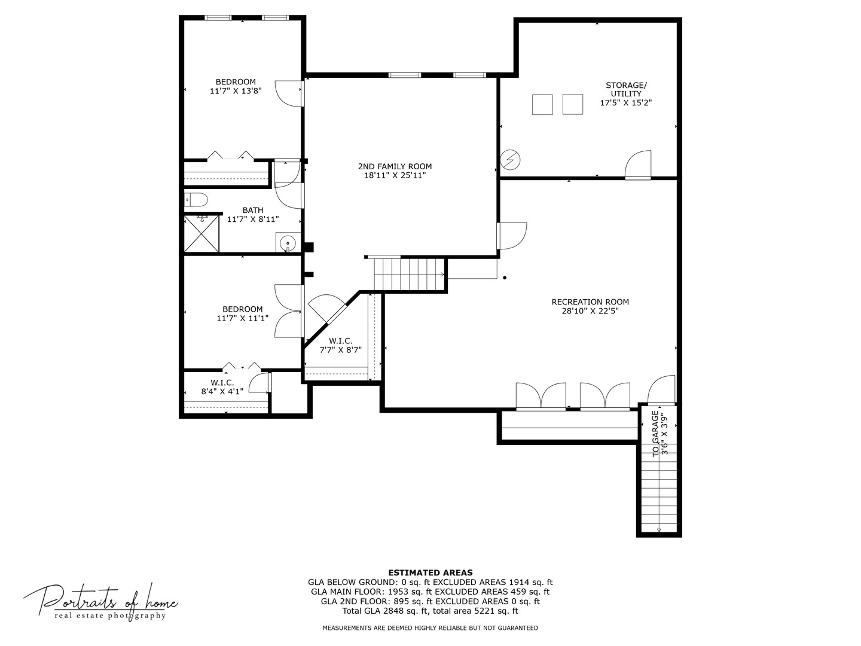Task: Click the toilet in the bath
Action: click(196, 199)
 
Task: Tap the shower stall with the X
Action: click(201, 234)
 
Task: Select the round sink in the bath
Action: click(288, 242)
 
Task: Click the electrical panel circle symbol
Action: click(511, 160)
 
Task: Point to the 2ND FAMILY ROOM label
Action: click(395, 166)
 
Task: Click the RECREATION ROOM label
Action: click(590, 302)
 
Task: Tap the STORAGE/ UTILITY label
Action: click(626, 90)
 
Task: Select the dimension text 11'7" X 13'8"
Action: click(236, 91)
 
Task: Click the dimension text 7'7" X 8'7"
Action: click(340, 350)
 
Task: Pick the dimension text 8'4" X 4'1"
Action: click(222, 391)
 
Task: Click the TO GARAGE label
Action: click(655, 434)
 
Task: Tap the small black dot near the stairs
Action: click(505, 278)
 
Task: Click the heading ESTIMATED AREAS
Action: click(430, 572)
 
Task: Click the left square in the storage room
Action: click(542, 105)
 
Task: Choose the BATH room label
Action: click(252, 210)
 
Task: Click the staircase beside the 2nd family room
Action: click(409, 274)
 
